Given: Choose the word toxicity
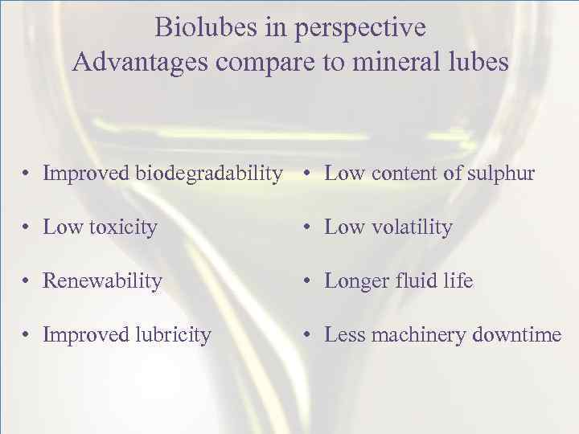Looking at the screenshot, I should click(x=123, y=227).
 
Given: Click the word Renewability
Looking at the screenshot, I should click(x=103, y=281).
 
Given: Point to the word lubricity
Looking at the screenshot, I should click(x=170, y=334).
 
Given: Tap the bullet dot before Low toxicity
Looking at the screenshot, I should click(x=27, y=228).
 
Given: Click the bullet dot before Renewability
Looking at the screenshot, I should click(x=27, y=282).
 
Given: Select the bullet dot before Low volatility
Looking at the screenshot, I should click(x=309, y=228).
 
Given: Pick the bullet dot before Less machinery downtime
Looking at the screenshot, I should click(x=309, y=335).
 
